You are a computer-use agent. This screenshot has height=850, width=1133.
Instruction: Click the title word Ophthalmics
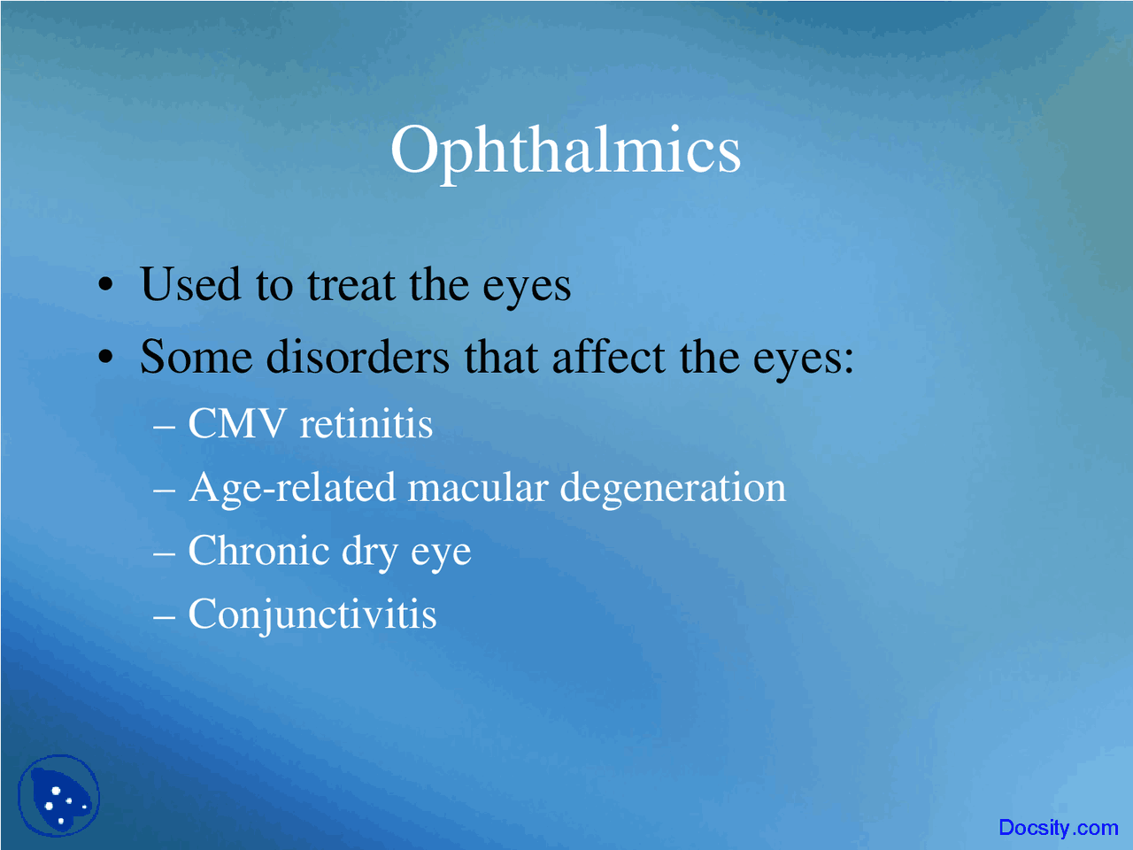(565, 151)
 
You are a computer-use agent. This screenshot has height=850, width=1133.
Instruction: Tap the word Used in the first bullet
(190, 285)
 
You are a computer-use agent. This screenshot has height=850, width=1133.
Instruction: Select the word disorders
(358, 358)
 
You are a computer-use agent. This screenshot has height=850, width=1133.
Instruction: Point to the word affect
(608, 358)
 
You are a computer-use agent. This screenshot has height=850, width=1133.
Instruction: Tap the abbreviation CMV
(237, 424)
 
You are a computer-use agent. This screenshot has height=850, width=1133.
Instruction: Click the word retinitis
(366, 424)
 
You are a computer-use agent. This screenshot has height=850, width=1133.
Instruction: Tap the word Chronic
(258, 552)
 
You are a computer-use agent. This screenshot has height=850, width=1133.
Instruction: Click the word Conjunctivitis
(312, 614)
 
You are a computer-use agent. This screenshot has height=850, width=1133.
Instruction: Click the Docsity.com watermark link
(1058, 828)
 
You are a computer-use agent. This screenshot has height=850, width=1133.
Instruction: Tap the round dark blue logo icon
(59, 796)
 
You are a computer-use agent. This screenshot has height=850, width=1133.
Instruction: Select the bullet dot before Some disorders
(106, 359)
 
